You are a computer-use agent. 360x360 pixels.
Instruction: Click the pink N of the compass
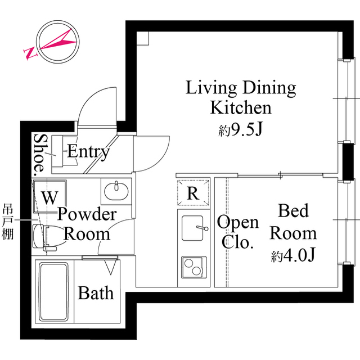pos(30,53)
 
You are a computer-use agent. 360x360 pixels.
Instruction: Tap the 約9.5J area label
pos(240,129)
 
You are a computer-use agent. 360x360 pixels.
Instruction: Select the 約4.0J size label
pos(292,255)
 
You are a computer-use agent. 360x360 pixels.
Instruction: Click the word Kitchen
pos(241,107)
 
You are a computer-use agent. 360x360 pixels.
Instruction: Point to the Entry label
pos(88,152)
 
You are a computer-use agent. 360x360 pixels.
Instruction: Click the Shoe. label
pos(39,155)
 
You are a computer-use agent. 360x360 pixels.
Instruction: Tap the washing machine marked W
pos(50,196)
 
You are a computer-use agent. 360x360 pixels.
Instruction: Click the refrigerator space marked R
pos(193,192)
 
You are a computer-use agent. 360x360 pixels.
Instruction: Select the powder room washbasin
pos(116,191)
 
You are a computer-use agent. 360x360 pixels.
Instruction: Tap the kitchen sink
pos(193,228)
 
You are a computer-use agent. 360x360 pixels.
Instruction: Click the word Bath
pos(96,293)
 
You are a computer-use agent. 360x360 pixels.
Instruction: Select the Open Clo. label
pos(238,232)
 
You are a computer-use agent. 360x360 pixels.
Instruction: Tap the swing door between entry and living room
pos(152,154)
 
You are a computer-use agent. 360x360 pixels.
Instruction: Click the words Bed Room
pos(293,222)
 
